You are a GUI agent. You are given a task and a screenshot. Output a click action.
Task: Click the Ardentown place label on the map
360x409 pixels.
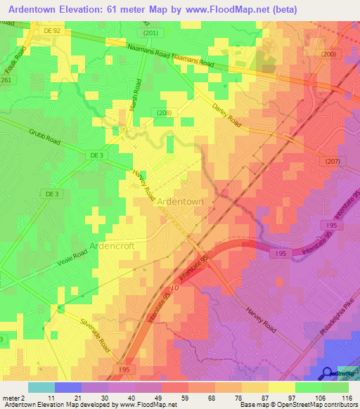tap(180, 201)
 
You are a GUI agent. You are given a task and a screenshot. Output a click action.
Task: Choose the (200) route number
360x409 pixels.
tap(328, 54)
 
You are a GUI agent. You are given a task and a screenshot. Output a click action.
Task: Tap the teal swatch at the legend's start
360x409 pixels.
tap(41, 387)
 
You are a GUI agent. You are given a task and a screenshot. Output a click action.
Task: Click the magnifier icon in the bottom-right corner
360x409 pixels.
tap(327, 373)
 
